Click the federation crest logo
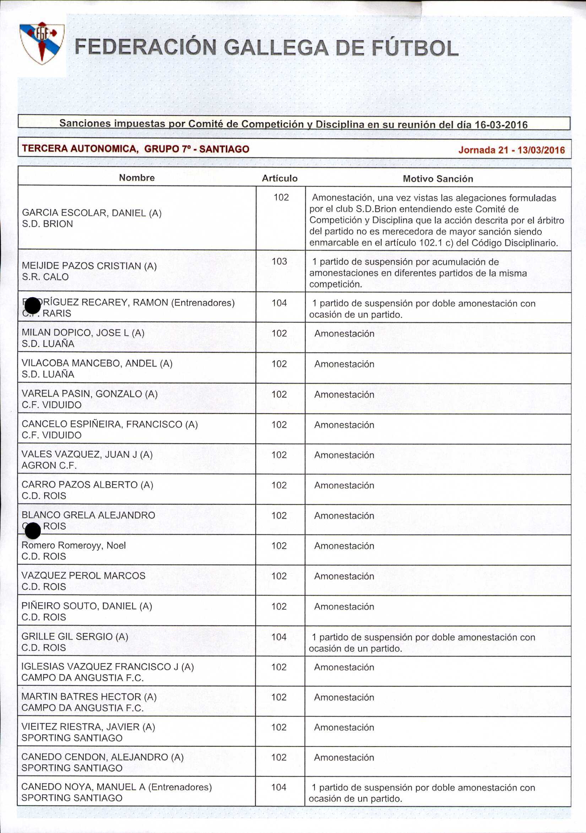pyautogui.click(x=42, y=43)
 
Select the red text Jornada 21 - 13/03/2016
pyautogui.click(x=511, y=150)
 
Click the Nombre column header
pyautogui.click(x=137, y=178)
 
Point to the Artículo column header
pyautogui.click(x=280, y=178)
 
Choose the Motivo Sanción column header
pyautogui.click(x=438, y=179)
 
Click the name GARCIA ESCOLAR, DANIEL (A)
pyautogui.click(x=92, y=213)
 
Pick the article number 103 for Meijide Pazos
pyautogui.click(x=280, y=261)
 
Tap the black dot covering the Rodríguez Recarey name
pyautogui.click(x=32, y=305)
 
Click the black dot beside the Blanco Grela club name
pyautogui.click(x=33, y=532)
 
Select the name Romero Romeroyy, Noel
pyautogui.click(x=74, y=545)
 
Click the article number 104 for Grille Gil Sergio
pyautogui.click(x=279, y=637)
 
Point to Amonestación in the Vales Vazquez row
pyautogui.click(x=344, y=455)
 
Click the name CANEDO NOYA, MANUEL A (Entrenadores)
pyautogui.click(x=116, y=787)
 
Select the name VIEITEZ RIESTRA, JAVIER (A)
pyautogui.click(x=88, y=727)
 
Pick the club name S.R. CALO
pyautogui.click(x=45, y=277)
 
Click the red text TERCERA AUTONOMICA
pyautogui.click(x=80, y=149)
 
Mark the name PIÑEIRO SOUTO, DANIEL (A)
pyautogui.click(x=87, y=606)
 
